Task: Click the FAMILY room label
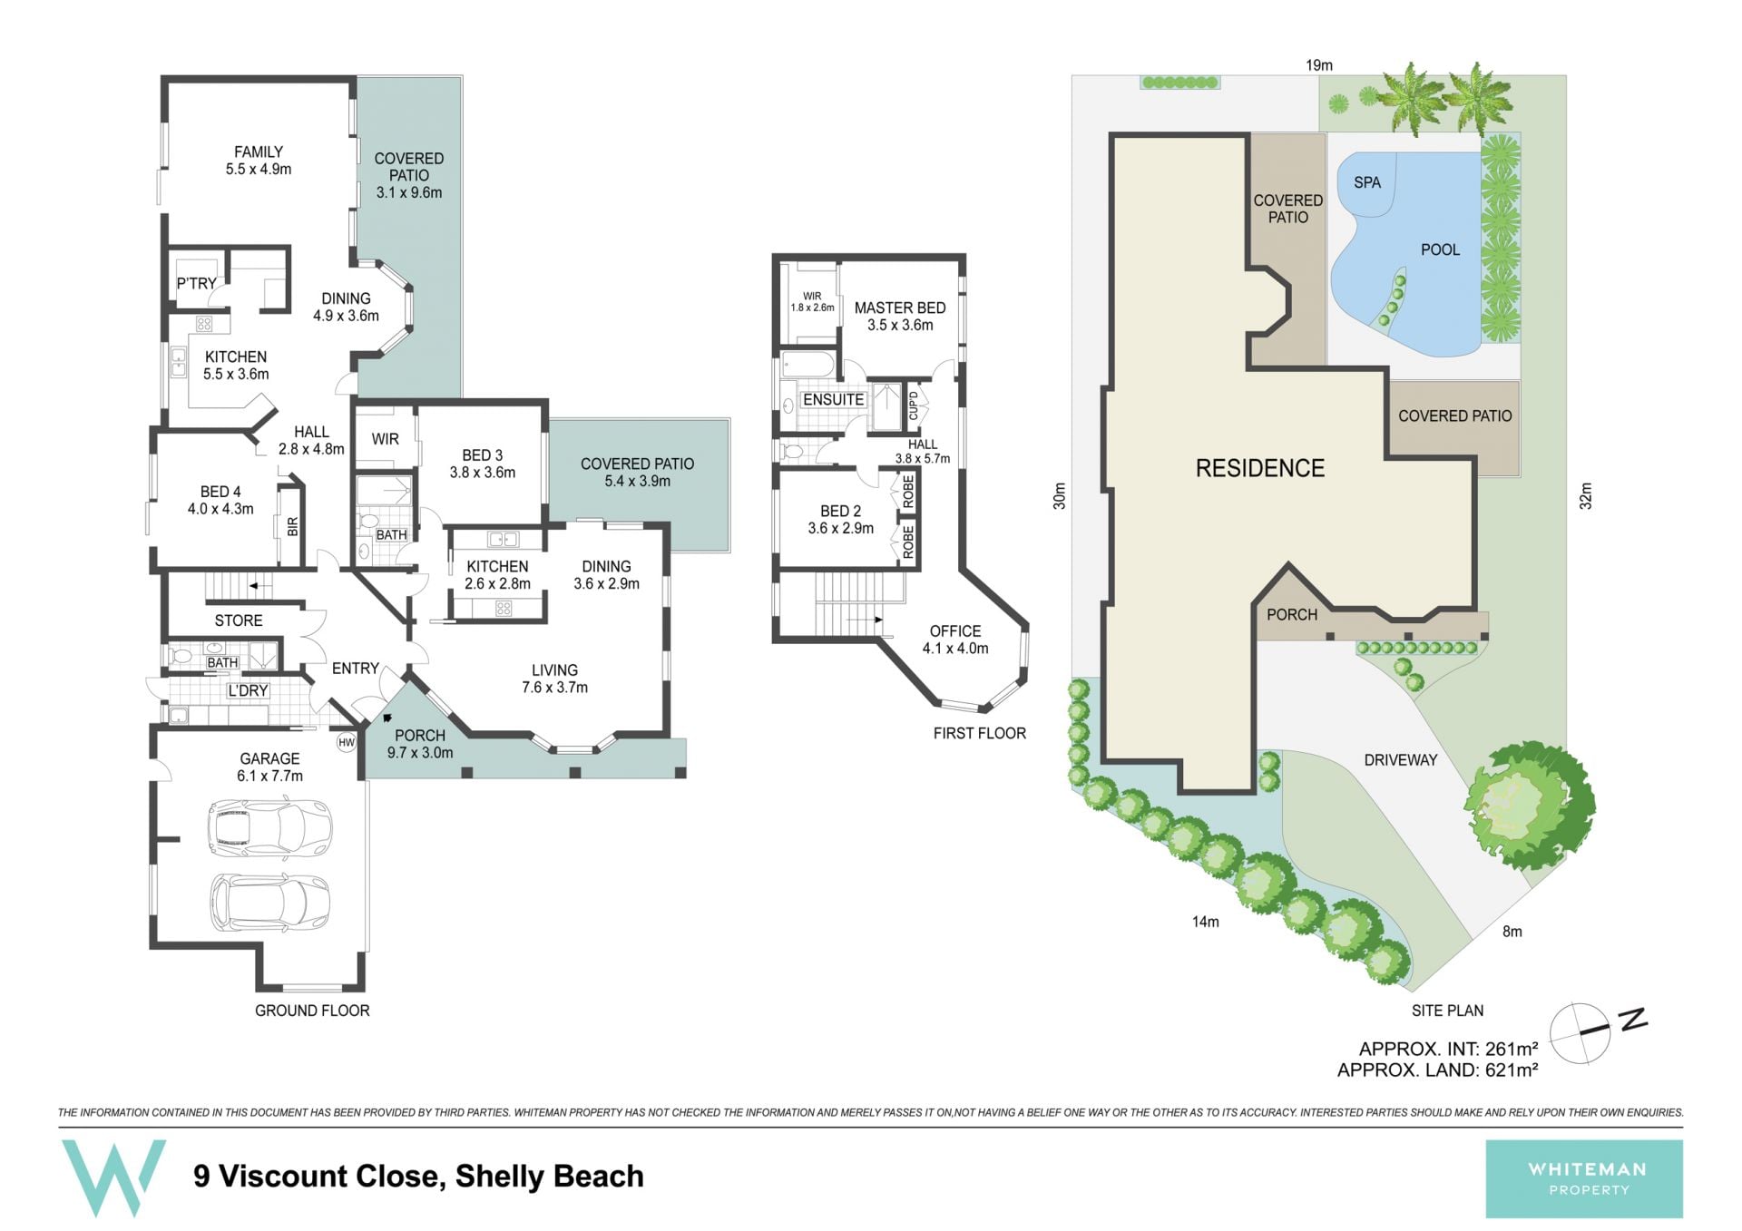259,152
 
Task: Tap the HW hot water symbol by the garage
346,743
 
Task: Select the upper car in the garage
270,827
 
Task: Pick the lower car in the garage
270,902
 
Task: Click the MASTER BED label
900,308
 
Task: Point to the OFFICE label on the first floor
955,631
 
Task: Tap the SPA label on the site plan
1367,182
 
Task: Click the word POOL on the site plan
1440,249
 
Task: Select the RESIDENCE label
1260,468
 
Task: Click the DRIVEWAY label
1401,760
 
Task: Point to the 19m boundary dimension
1319,65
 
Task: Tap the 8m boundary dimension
1512,932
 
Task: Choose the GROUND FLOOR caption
312,1011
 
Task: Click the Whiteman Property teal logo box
1584,1178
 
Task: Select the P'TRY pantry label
196,284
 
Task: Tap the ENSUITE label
833,400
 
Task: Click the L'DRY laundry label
248,691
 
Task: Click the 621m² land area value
1512,1070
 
